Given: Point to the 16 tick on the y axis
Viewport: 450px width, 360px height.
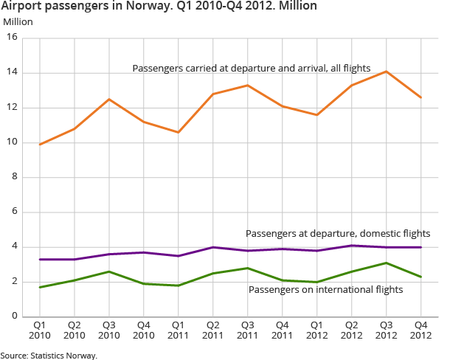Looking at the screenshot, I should tap(13, 38).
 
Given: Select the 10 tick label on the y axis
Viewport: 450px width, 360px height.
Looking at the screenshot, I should tap(13, 143).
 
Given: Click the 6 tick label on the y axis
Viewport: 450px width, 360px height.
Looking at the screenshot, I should tap(15, 212).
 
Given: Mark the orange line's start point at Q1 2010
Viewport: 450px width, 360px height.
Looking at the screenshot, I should tap(40, 145).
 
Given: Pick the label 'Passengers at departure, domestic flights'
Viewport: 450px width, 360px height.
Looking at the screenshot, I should tap(338, 233).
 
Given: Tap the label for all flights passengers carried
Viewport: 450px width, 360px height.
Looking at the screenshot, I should tap(252, 68).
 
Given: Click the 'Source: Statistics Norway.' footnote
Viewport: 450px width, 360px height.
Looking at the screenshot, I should tap(49, 355).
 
